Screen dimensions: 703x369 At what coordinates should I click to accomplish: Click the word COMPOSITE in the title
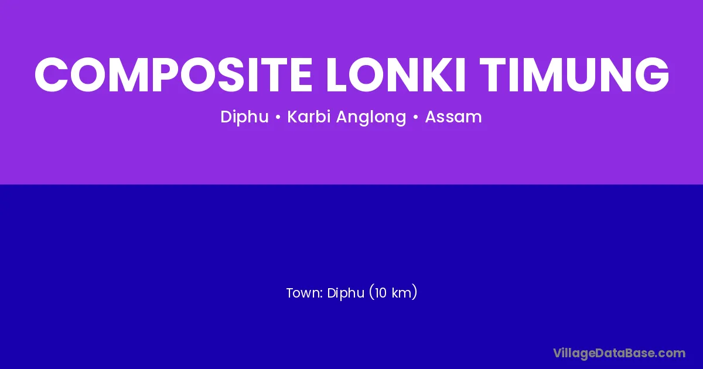pyautogui.click(x=173, y=75)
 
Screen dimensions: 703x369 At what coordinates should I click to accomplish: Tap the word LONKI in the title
pyautogui.click(x=395, y=75)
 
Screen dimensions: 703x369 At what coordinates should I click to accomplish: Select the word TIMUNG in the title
pyautogui.click(x=574, y=75)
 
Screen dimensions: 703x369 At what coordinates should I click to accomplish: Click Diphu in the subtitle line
pyautogui.click(x=244, y=117)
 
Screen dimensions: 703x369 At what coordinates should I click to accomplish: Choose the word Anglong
pyautogui.click(x=371, y=117)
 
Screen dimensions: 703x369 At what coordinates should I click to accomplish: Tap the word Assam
pyautogui.click(x=453, y=117)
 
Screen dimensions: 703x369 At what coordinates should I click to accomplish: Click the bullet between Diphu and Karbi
pyautogui.click(x=278, y=117)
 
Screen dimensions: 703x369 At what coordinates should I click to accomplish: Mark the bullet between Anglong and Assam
pyautogui.click(x=416, y=117)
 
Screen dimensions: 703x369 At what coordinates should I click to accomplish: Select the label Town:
pyautogui.click(x=305, y=293)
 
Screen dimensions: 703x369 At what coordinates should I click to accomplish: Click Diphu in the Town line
pyautogui.click(x=346, y=293)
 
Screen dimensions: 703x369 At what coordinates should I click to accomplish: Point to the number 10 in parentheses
pyautogui.click(x=380, y=293)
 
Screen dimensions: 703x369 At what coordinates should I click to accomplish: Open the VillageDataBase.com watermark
pyautogui.click(x=619, y=353)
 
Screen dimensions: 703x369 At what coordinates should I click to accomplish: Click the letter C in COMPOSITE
pyautogui.click(x=51, y=75)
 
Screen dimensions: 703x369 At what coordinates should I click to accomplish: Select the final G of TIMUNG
pyautogui.click(x=651, y=75)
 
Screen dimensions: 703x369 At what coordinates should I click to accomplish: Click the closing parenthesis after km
pyautogui.click(x=415, y=292)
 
